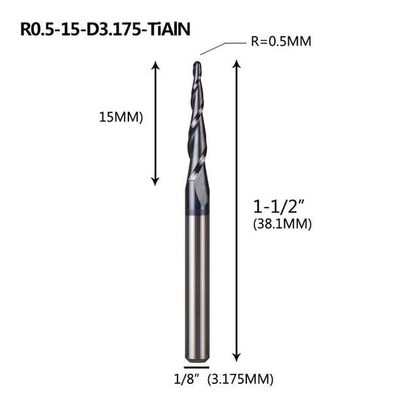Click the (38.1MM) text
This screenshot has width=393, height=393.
click(281, 224)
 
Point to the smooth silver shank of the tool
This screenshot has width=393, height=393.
click(196, 282)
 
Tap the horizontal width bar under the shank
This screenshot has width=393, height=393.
click(196, 366)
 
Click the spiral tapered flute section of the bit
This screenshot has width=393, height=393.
click(196, 124)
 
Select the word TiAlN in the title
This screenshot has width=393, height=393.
click(170, 29)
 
